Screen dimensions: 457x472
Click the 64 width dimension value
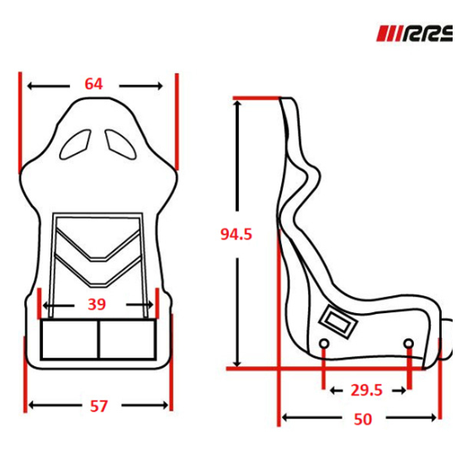coord(93,84)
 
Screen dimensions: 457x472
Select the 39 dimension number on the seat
coord(98,304)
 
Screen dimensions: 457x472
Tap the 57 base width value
coord(98,406)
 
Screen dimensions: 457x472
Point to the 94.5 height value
coord(236,234)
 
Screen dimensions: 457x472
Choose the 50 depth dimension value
coord(362,418)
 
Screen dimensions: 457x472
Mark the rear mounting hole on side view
coord(324,343)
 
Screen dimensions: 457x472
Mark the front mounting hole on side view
coord(408,343)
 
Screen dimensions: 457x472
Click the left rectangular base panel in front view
coord(70,339)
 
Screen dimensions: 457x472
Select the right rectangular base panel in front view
coord(128,339)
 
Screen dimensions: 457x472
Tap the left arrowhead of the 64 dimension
coord(31,85)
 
